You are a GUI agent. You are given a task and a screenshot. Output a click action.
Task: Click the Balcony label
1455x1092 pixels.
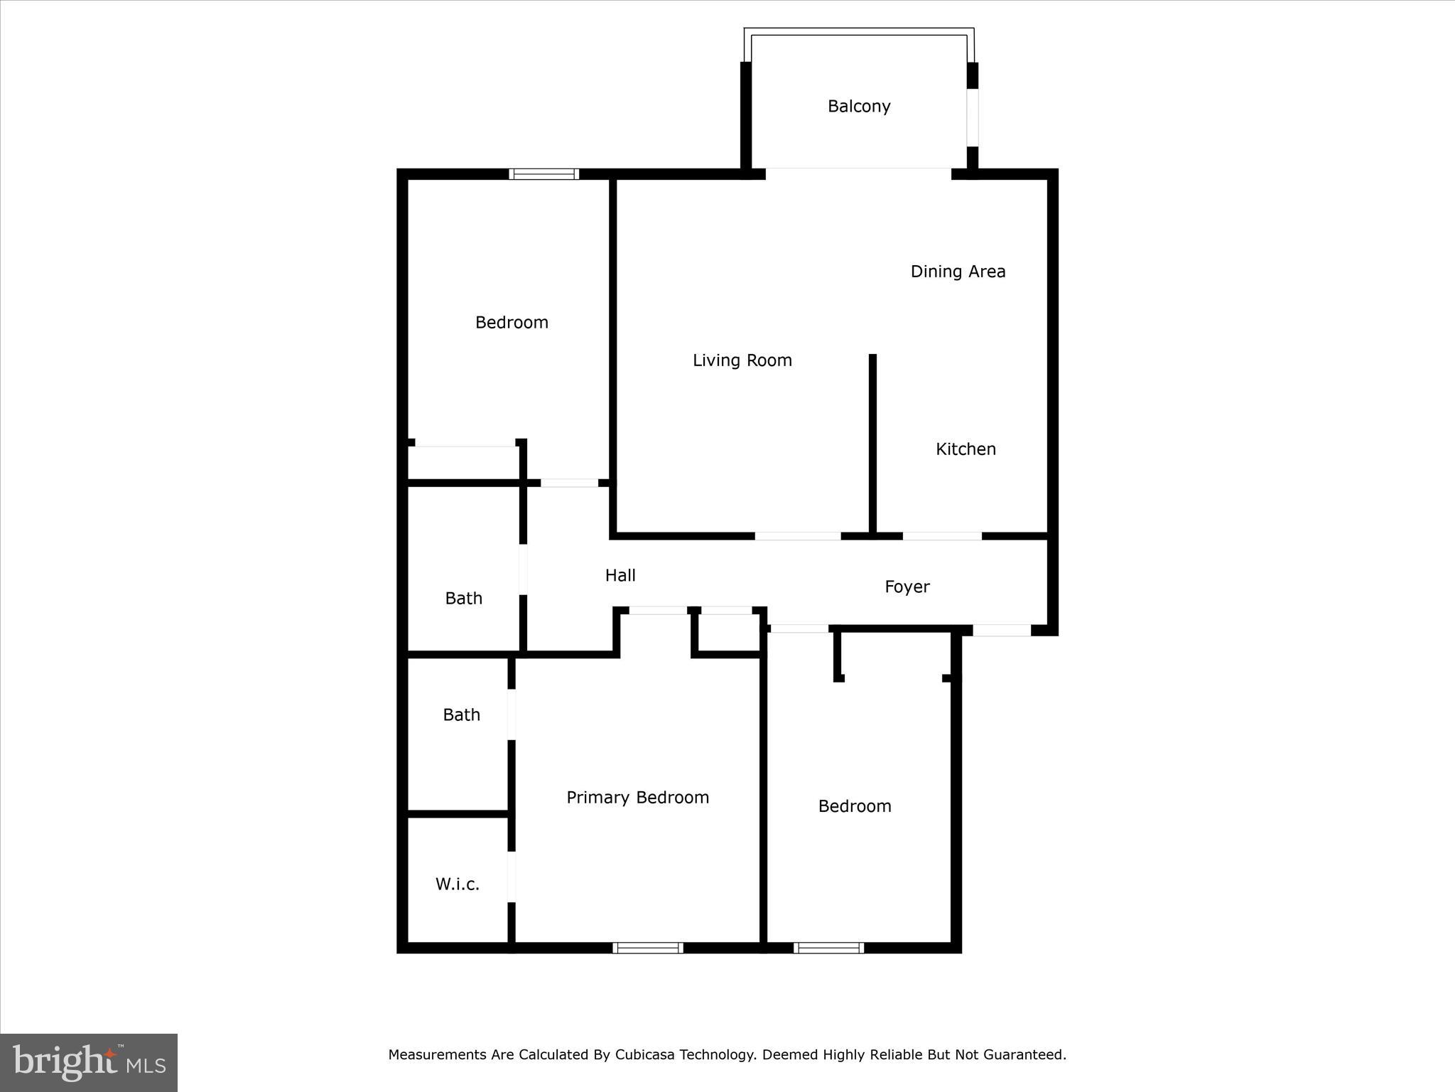[x=859, y=107]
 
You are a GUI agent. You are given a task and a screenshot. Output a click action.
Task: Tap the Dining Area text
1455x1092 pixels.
[x=958, y=272]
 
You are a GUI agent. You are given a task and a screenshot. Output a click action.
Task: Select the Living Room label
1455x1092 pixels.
[x=742, y=360]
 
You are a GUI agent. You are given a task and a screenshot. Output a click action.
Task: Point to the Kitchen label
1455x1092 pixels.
[x=966, y=449]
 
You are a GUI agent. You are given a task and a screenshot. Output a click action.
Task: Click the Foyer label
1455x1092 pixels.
[x=907, y=587]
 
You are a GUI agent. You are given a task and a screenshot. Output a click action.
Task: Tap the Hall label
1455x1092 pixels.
[x=620, y=576]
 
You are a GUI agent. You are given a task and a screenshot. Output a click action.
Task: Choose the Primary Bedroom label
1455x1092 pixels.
[x=637, y=798]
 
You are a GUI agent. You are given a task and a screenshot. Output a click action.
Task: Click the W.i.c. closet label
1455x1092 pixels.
[x=458, y=884]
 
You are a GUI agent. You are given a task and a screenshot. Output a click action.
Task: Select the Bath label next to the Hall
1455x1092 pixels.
[x=464, y=599]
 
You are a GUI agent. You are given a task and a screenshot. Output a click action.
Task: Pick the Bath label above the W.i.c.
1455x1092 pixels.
[x=462, y=715]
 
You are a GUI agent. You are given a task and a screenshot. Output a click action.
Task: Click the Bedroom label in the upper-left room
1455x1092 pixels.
[x=512, y=323]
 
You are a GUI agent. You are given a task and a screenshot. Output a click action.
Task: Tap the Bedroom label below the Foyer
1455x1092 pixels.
[x=855, y=806]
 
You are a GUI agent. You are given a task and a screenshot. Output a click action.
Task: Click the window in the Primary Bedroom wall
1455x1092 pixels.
[x=648, y=948]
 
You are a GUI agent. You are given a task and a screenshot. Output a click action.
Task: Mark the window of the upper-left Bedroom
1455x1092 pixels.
[x=545, y=174]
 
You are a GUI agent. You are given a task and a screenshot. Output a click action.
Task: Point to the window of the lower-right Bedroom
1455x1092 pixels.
[x=828, y=948]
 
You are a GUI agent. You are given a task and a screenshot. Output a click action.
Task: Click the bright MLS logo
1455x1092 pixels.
[x=89, y=1063]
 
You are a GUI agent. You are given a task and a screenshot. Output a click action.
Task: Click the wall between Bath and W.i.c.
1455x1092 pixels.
[x=458, y=814]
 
